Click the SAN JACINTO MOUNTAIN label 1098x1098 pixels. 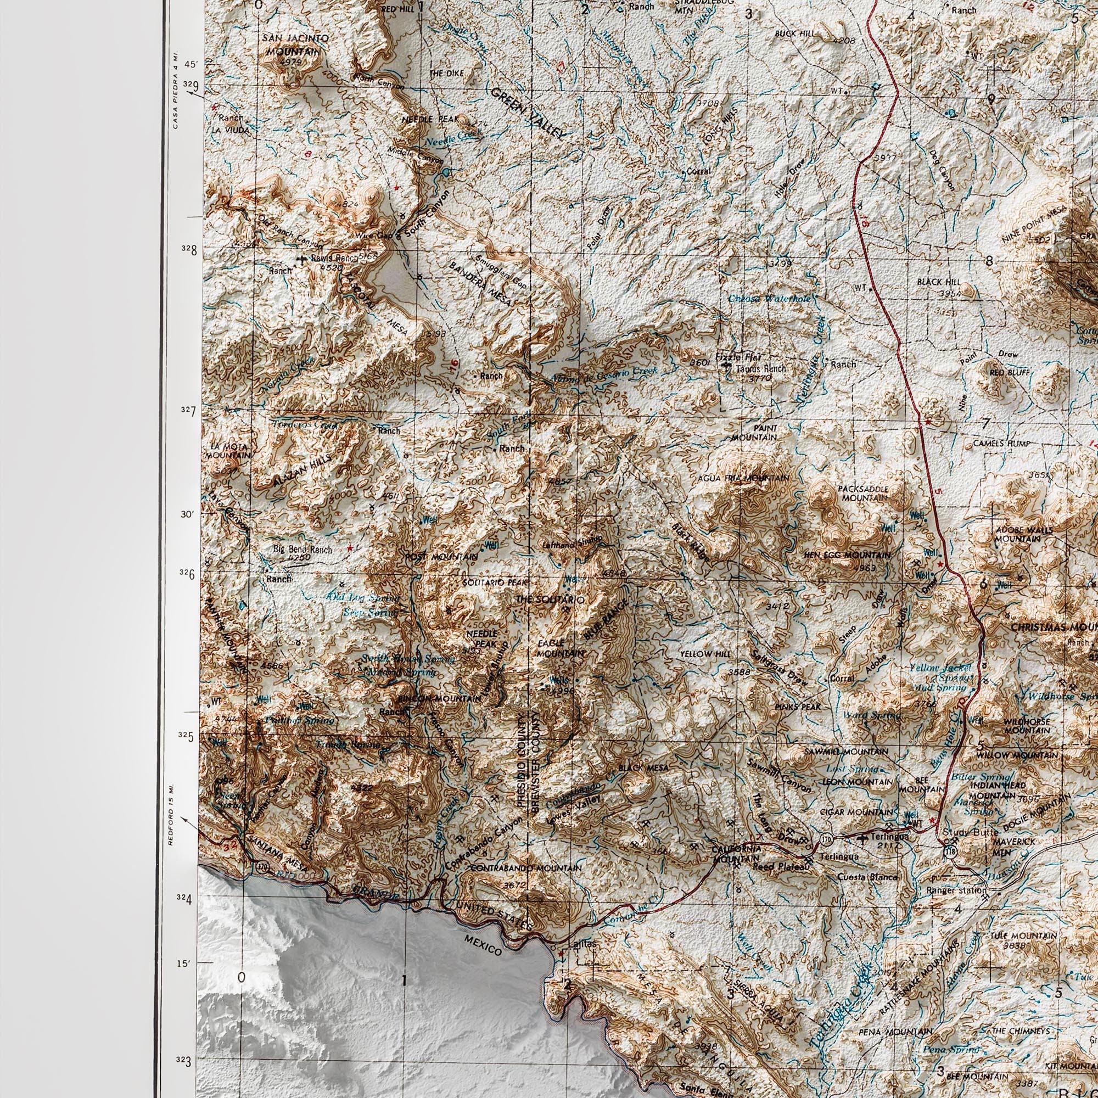pyautogui.click(x=295, y=44)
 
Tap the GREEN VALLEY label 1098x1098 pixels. pyautogui.click(x=529, y=114)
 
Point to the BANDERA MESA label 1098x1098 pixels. pyautogui.click(x=480, y=284)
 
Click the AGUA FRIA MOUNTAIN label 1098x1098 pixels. pyautogui.click(x=743, y=479)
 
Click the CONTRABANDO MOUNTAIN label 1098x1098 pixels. pyautogui.click(x=525, y=869)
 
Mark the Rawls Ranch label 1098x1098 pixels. pyautogui.click(x=335, y=258)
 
